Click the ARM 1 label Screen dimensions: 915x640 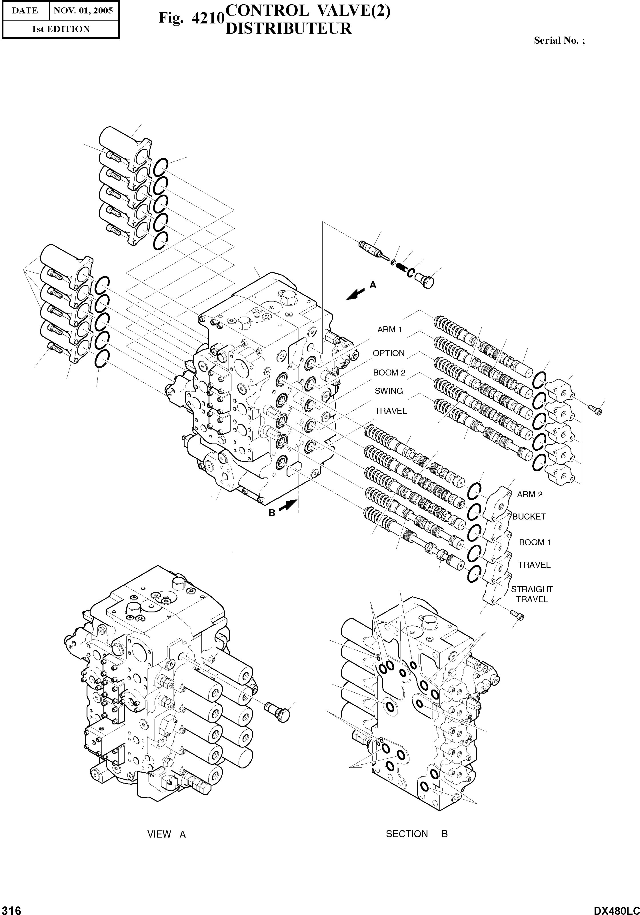389,329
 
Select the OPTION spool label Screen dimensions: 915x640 389,353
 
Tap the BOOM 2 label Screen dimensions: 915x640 389,373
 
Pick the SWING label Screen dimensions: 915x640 389,391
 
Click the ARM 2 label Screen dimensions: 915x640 530,495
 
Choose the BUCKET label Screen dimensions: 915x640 529,516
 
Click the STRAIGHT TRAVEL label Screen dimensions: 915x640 532,594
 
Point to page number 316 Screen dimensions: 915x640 11,909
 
